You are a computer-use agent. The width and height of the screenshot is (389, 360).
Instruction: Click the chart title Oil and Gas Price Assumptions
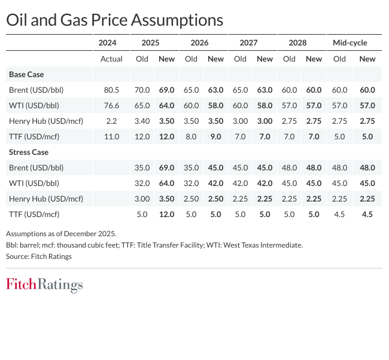pyautogui.click(x=114, y=20)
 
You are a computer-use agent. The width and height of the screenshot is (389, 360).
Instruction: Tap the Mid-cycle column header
pyautogui.click(x=350, y=43)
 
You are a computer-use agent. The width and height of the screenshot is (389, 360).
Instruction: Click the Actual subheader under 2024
pyautogui.click(x=111, y=59)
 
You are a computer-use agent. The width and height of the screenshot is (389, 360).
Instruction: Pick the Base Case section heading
pyautogui.click(x=26, y=75)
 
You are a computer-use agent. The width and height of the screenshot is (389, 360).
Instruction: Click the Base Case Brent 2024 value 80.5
pyautogui.click(x=112, y=90)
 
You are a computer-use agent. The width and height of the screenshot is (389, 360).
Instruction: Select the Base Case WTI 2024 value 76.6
pyautogui.click(x=112, y=105)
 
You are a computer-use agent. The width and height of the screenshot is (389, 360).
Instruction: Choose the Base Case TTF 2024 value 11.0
pyautogui.click(x=112, y=136)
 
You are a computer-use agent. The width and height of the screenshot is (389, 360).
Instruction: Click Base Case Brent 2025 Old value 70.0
pyautogui.click(x=142, y=90)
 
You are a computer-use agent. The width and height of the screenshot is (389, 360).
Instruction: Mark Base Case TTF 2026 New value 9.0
pyautogui.click(x=217, y=136)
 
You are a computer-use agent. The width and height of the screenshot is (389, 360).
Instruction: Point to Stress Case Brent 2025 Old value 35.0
pyautogui.click(x=142, y=167)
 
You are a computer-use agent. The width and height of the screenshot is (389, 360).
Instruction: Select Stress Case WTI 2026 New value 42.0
pyautogui.click(x=215, y=183)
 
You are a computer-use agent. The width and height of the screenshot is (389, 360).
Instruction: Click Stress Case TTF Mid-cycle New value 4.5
pyautogui.click(x=367, y=214)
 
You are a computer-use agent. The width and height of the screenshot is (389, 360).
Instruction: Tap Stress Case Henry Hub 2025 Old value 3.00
pyautogui.click(x=142, y=199)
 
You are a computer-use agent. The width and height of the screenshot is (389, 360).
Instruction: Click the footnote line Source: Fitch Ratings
pyautogui.click(x=39, y=257)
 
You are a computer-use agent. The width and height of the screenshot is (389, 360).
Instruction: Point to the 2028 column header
pyautogui.click(x=297, y=43)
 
